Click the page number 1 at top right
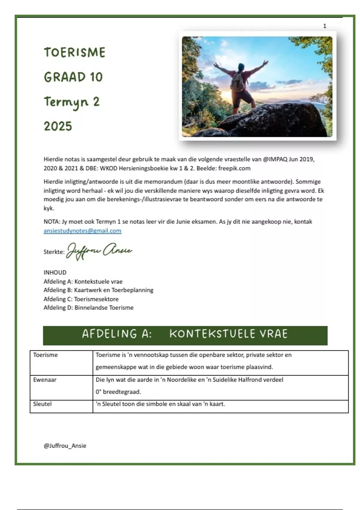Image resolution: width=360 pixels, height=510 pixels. (324, 26)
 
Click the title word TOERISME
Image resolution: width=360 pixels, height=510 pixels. (75, 52)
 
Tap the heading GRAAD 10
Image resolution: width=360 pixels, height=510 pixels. (73, 77)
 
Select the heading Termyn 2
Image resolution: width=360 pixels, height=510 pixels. (71, 102)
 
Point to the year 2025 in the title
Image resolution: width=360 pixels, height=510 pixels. (58, 126)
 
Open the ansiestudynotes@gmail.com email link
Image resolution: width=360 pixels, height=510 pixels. (82, 231)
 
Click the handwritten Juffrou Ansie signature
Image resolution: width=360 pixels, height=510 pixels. (99, 251)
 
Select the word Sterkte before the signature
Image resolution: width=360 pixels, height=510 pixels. (54, 252)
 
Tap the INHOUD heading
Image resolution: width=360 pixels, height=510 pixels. (55, 272)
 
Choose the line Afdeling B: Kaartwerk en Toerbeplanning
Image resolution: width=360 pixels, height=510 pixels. (98, 290)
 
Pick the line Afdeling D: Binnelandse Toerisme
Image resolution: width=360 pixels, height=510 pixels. (88, 307)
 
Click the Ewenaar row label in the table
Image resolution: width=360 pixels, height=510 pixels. (45, 380)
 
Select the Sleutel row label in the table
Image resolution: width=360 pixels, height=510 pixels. (42, 404)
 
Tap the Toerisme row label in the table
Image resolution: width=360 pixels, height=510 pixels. (45, 355)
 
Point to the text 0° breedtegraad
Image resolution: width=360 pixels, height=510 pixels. (118, 392)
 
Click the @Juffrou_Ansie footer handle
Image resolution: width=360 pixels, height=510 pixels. (65, 446)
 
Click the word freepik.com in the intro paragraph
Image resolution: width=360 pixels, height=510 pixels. (234, 168)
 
